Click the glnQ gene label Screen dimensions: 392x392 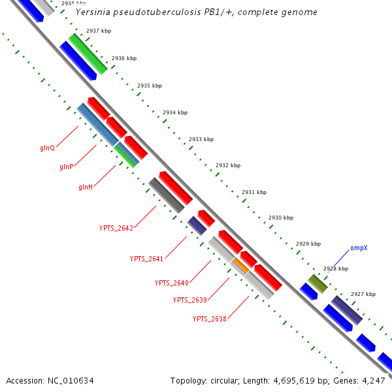point(47,148)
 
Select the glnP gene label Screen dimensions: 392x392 point(66,167)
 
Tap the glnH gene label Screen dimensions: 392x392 point(86,188)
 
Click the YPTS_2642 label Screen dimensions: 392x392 point(116,228)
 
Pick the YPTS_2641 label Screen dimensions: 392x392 point(146,259)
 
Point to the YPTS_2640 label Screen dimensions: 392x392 point(171,283)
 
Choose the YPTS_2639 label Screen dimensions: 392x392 point(189,300)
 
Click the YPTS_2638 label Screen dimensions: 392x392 point(209,319)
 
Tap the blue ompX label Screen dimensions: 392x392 point(359,248)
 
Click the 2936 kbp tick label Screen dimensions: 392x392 point(123,59)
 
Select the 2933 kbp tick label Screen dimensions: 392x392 point(201,139)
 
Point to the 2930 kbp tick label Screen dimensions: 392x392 point(281,218)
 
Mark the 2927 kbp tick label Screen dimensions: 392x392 point(363,294)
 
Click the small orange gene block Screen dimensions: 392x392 point(240,265)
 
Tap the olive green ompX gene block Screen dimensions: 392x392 point(318,284)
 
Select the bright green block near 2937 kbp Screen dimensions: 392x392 point(88,54)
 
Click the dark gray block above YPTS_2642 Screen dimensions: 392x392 point(166,195)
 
